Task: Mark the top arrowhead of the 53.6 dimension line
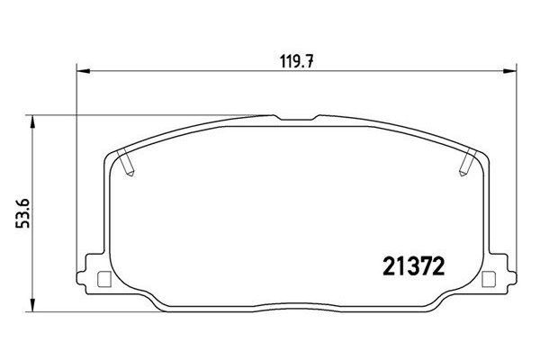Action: tap(33, 120)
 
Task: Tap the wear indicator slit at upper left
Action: tap(129, 165)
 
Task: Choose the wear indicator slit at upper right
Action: tap(467, 165)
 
